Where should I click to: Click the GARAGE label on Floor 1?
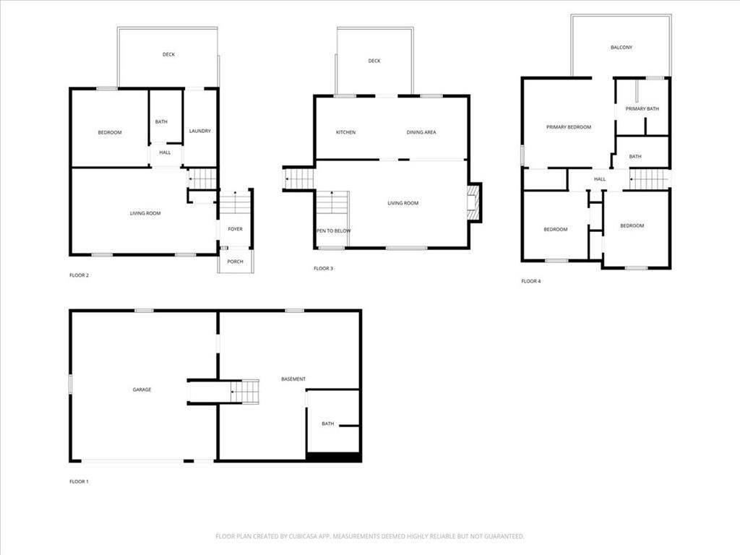pyautogui.click(x=142, y=390)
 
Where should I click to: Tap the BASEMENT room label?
pyautogui.click(x=293, y=379)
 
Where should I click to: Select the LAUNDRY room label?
pyautogui.click(x=200, y=131)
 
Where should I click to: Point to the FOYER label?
pyautogui.click(x=236, y=229)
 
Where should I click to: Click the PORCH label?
pyautogui.click(x=236, y=262)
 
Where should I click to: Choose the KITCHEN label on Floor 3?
pyautogui.click(x=345, y=132)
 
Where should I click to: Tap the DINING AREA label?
pyautogui.click(x=421, y=132)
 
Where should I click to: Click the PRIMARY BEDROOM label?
pyautogui.click(x=569, y=127)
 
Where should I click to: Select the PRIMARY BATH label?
pyautogui.click(x=642, y=109)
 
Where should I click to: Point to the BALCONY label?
pyautogui.click(x=621, y=48)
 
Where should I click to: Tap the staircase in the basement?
pyautogui.click(x=246, y=392)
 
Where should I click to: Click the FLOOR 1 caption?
pyautogui.click(x=79, y=481)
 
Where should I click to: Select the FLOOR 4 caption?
pyautogui.click(x=530, y=281)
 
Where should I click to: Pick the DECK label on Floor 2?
pyautogui.click(x=168, y=54)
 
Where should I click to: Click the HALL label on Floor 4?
pyautogui.click(x=600, y=179)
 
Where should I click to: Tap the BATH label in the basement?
pyautogui.click(x=328, y=423)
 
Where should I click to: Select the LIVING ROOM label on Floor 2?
pyautogui.click(x=145, y=213)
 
